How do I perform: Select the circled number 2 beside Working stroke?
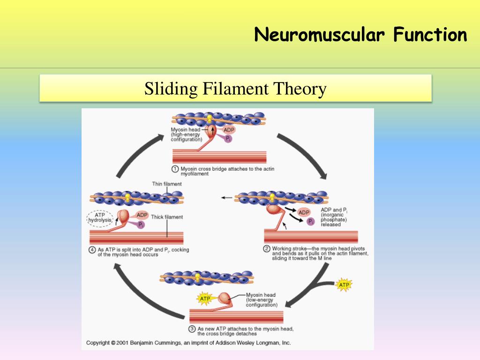[x=267, y=249]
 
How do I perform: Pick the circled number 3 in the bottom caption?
[x=192, y=329]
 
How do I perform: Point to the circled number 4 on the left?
[x=92, y=250]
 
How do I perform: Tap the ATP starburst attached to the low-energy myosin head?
[x=205, y=299]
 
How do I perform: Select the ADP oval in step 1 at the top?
[x=229, y=130]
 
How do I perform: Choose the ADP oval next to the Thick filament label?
[x=142, y=215]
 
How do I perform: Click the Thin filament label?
[x=167, y=184]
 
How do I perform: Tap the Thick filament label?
[x=167, y=217]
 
